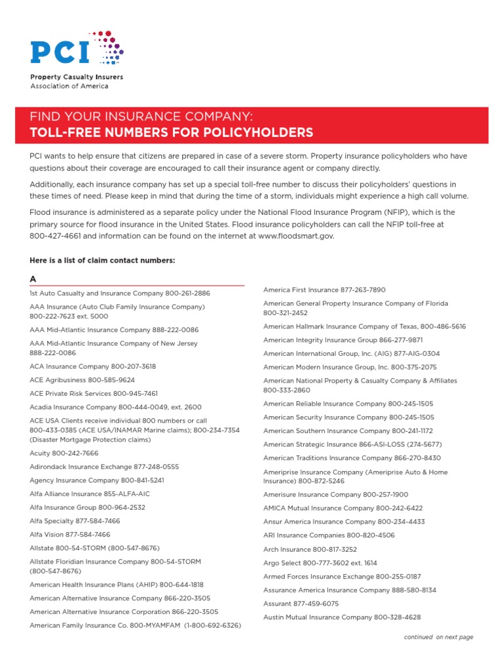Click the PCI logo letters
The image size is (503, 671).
tap(60, 51)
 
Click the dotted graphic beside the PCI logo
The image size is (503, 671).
tap(109, 47)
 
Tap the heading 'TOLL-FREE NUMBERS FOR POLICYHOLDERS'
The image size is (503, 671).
tap(172, 133)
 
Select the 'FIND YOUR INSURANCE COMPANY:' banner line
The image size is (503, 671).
tap(141, 117)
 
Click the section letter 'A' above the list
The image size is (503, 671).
tap(33, 279)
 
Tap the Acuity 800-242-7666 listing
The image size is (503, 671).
tap(64, 453)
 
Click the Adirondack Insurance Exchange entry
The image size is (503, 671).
tap(104, 467)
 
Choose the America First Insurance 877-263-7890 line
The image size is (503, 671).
tap(324, 290)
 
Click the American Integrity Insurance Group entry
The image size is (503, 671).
tap(343, 340)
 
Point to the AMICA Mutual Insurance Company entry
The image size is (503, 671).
tap(343, 508)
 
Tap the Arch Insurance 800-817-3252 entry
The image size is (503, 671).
tap(310, 549)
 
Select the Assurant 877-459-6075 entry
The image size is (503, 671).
tap(301, 604)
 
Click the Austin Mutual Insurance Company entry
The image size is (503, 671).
tap(342, 617)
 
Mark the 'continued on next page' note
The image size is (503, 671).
tap(438, 637)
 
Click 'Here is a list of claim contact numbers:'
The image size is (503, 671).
tap(102, 260)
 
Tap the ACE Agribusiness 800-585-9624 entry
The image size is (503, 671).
tap(82, 380)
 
